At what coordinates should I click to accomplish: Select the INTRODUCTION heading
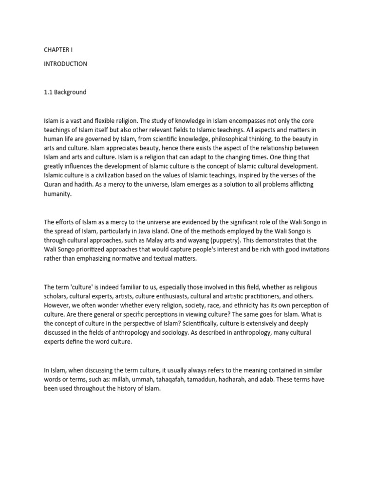point(65,64)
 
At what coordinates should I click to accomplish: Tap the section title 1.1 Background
point(65,92)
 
